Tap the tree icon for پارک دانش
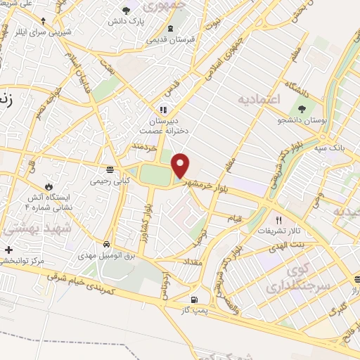(x=127, y=10)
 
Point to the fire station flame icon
(x=49, y=186)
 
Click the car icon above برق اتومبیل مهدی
(x=105, y=245)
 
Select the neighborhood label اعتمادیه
(x=259, y=99)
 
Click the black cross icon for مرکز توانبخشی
(x=8, y=249)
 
